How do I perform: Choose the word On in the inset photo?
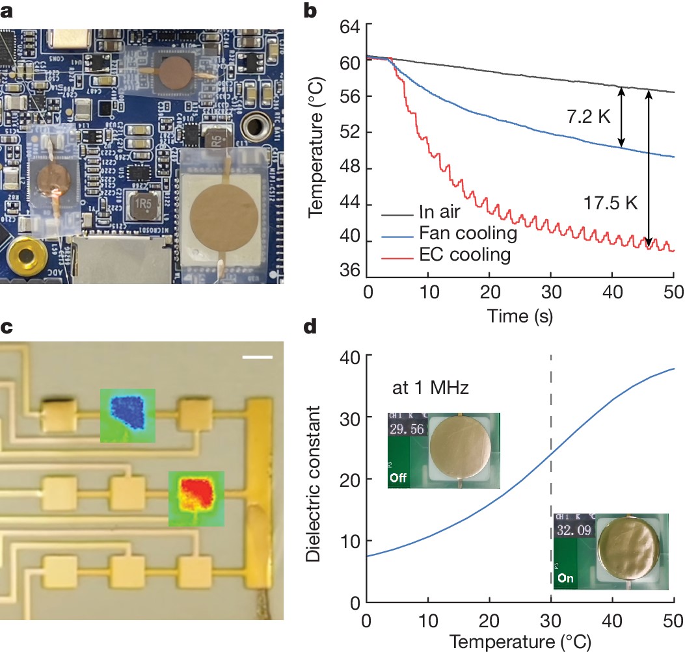coord(563,580)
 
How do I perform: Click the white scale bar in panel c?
coord(256,356)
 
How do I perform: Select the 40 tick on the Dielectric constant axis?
coord(349,356)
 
